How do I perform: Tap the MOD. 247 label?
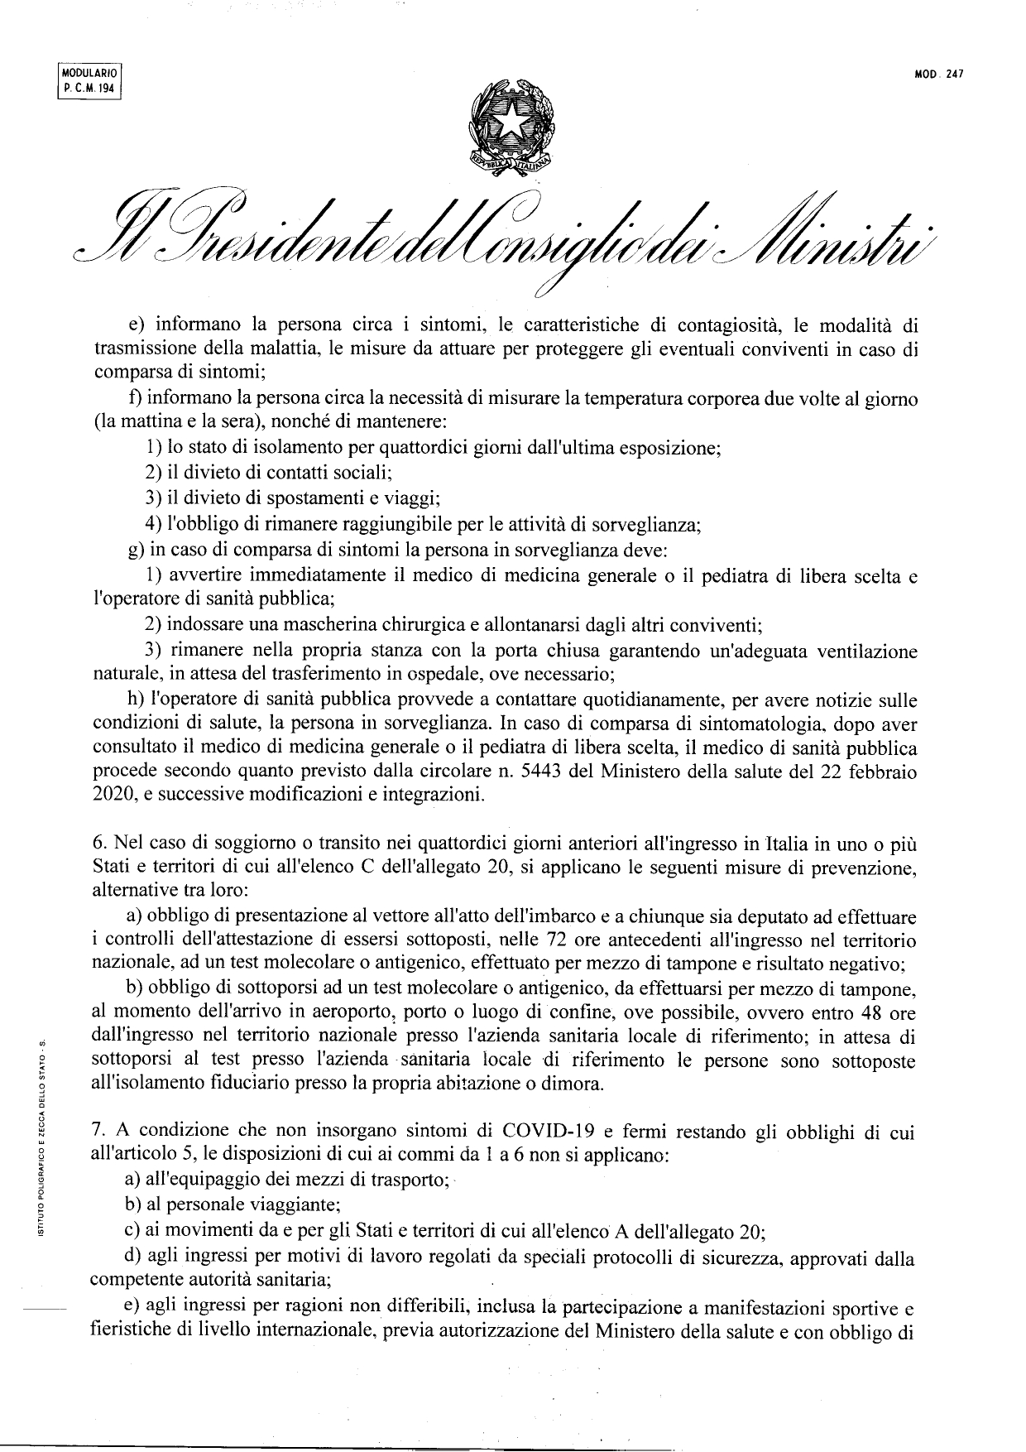click(939, 74)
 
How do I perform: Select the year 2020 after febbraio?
click(109, 796)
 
